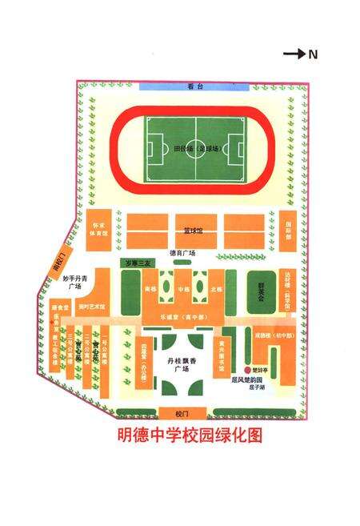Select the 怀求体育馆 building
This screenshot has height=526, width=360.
point(98,227)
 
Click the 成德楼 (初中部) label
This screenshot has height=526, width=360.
point(264,336)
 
